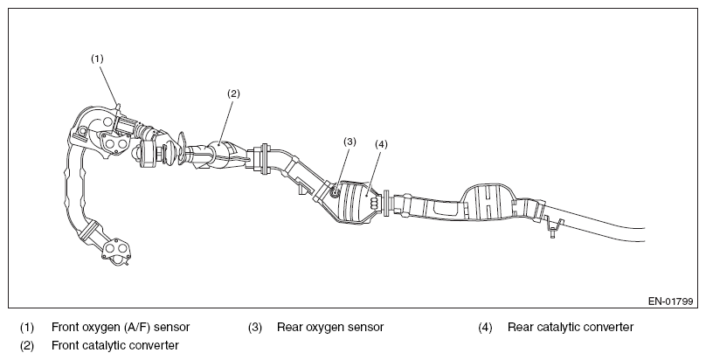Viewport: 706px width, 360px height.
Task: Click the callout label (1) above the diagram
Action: (x=97, y=59)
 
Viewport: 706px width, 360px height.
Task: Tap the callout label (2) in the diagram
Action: (x=233, y=93)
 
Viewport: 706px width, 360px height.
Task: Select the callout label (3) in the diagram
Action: (x=350, y=142)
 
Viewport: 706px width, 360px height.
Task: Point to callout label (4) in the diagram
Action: (x=381, y=144)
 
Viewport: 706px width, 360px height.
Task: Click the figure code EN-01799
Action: (x=670, y=301)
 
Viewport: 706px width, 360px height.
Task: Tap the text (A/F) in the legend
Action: (x=137, y=327)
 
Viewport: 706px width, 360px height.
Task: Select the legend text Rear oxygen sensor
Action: (x=330, y=327)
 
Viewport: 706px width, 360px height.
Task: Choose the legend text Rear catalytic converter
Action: (x=571, y=327)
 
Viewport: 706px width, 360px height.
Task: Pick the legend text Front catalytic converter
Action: (x=115, y=346)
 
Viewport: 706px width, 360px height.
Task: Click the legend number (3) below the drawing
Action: (x=255, y=327)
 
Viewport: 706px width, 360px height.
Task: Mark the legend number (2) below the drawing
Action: (x=27, y=346)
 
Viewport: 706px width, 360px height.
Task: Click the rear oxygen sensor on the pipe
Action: (x=335, y=192)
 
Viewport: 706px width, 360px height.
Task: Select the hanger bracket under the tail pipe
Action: (x=553, y=225)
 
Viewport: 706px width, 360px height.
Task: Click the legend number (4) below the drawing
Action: (x=486, y=327)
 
